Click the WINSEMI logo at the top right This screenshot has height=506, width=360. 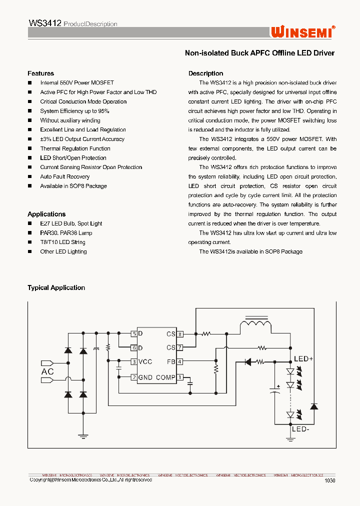point(302,32)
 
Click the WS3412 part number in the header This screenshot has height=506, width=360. point(45,23)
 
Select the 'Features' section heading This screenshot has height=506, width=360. point(40,73)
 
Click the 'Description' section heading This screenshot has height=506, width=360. point(205,73)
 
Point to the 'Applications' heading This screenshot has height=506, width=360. point(46,214)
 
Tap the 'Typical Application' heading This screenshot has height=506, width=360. point(56,288)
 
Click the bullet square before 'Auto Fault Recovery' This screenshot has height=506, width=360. point(29,177)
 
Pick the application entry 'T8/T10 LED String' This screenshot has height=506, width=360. point(62,242)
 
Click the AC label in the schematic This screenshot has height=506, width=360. point(47,371)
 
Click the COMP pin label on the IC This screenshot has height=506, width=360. point(165,377)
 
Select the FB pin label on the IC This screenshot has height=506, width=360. point(171,361)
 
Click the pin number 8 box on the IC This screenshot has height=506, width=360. point(180,333)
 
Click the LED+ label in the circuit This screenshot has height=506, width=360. point(303,359)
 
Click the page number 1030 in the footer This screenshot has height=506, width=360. point(329,480)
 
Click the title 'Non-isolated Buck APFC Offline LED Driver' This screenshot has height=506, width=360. point(259,53)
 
